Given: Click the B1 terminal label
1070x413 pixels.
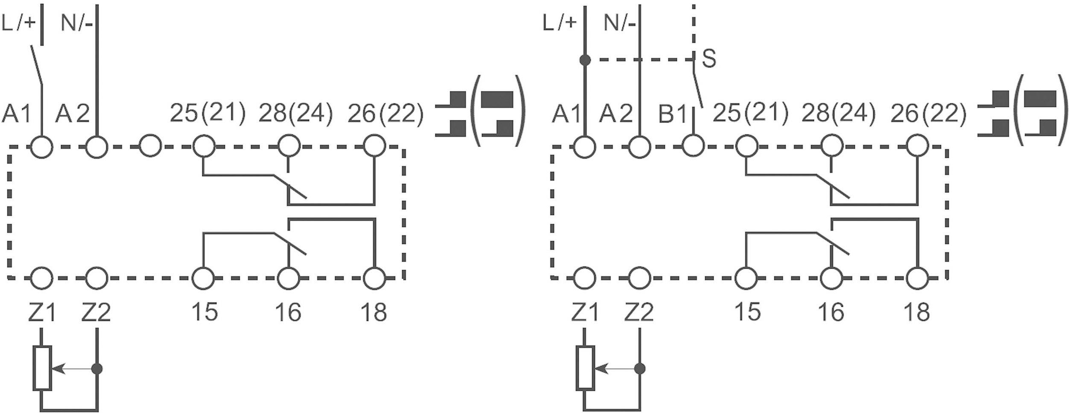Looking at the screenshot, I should [672, 114].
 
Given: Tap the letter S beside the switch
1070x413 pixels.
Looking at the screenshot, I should [708, 59].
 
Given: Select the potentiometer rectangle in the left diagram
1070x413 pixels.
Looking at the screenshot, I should [42, 368].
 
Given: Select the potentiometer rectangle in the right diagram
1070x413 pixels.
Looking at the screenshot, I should [585, 368].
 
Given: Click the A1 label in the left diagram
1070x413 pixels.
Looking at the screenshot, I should [17, 114].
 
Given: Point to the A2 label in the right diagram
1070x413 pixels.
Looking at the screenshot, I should [615, 114].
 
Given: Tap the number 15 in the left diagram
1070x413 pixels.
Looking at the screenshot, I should [204, 311].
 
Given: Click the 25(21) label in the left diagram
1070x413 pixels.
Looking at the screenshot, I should [208, 113].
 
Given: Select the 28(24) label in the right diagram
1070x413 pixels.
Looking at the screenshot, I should [836, 113].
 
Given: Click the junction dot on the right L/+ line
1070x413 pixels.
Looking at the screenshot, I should [585, 60].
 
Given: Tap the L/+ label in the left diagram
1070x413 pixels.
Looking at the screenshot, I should [18, 22].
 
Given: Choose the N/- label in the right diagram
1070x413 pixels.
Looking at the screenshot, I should [619, 22].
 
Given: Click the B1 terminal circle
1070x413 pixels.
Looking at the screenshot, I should [693, 146].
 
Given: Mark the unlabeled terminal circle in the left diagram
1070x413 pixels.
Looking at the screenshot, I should [150, 146].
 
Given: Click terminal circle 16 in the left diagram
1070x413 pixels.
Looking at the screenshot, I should [289, 278].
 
